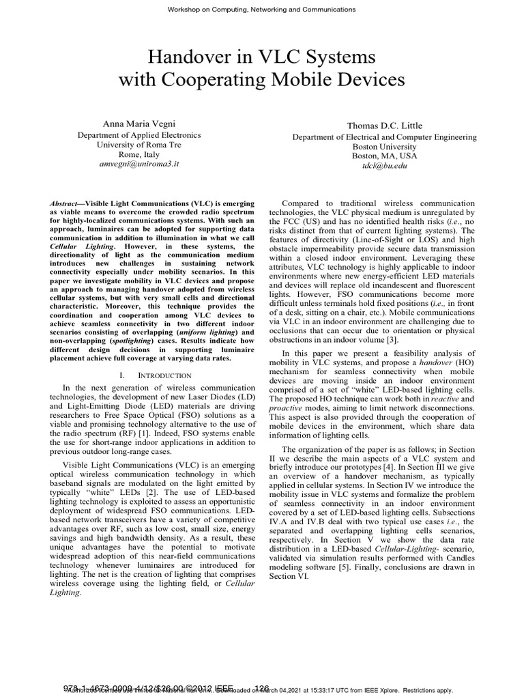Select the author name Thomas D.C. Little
385,126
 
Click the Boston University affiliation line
385,147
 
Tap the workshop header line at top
261,10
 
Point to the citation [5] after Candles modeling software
370,567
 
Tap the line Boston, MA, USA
385,156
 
